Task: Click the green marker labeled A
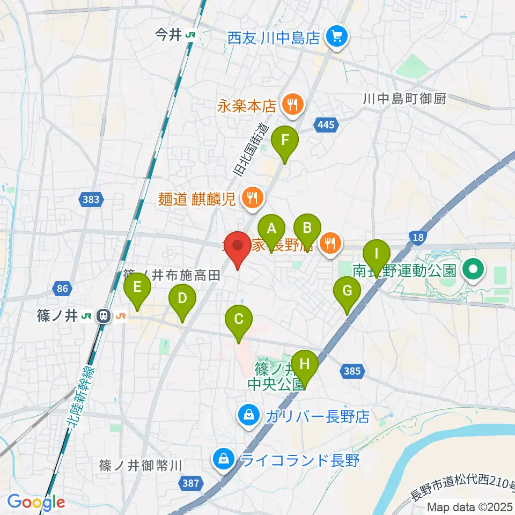[272, 229]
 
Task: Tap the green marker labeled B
[307, 228]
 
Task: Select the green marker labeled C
[239, 320]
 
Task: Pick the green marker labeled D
[182, 298]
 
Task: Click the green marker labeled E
[137, 288]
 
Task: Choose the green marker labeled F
[285, 142]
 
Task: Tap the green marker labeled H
[305, 365]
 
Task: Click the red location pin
[237, 246]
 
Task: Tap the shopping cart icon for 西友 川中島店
[337, 38]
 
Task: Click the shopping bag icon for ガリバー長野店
[249, 416]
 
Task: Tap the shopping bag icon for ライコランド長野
[222, 459]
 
